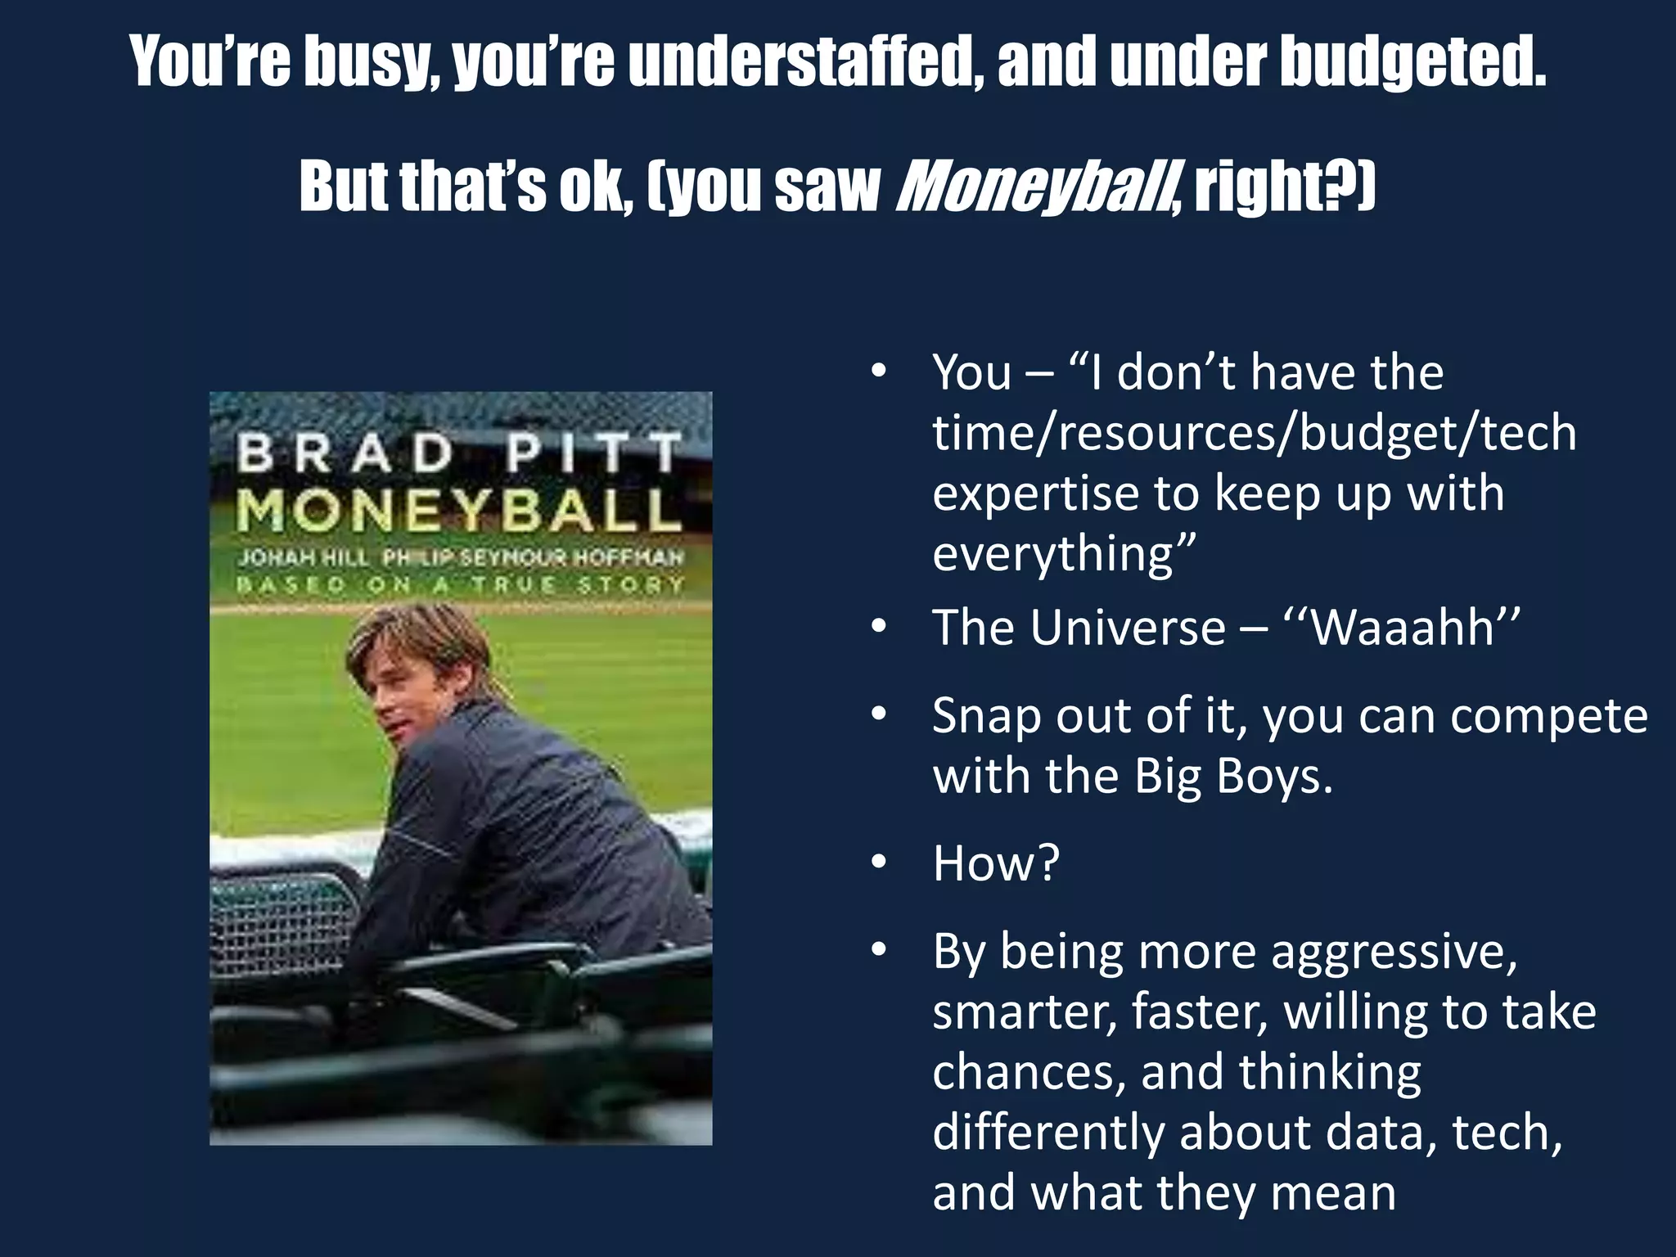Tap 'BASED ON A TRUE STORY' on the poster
click(460, 584)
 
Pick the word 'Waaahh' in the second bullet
click(1403, 628)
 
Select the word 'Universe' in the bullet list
click(1127, 628)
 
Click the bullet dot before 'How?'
click(879, 863)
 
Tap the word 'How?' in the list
click(996, 863)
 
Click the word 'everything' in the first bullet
click(1064, 553)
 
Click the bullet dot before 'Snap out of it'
click(879, 715)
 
